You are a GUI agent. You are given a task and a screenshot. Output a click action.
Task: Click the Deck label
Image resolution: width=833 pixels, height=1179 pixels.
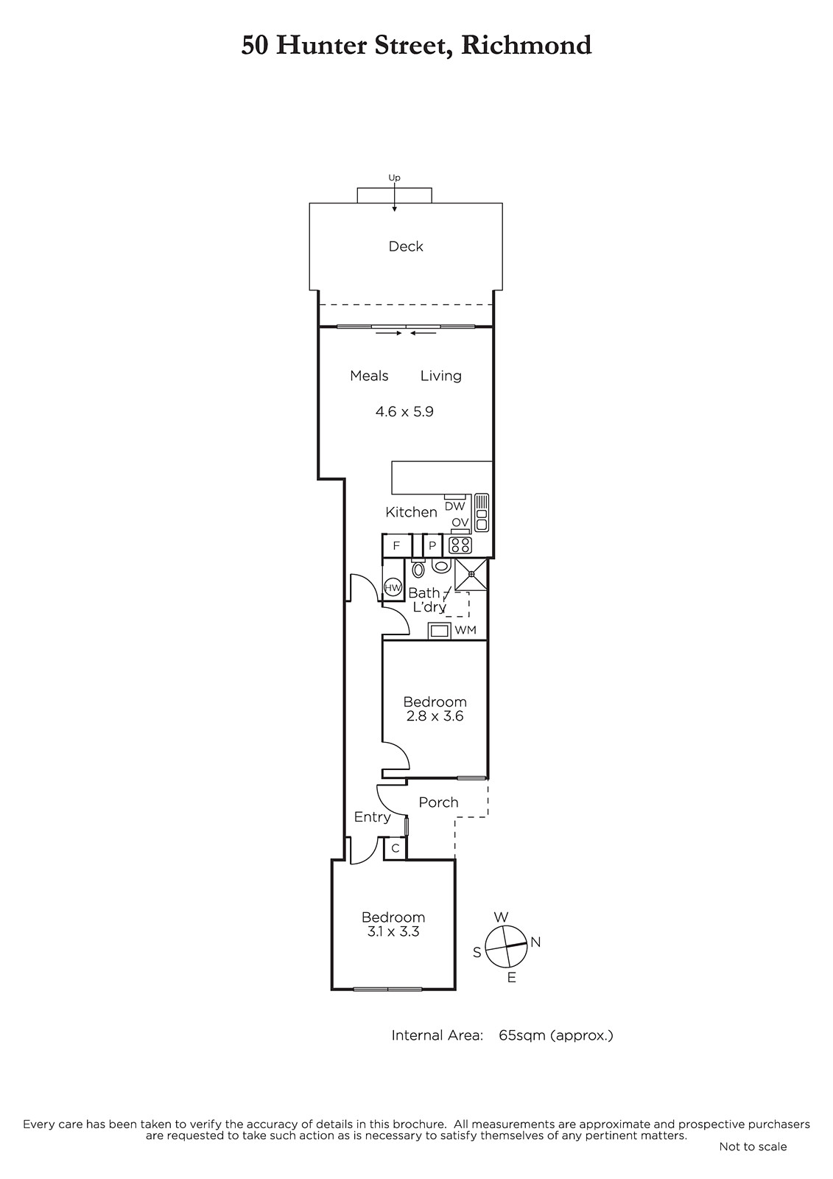click(406, 246)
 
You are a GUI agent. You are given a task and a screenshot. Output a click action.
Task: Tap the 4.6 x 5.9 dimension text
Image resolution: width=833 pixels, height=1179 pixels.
click(404, 412)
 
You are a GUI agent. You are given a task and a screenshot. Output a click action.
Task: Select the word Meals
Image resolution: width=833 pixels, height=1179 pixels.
click(369, 376)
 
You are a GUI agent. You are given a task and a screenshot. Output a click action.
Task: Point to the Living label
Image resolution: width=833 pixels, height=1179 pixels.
click(441, 377)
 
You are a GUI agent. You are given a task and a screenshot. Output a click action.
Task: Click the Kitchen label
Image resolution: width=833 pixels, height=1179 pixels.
click(411, 512)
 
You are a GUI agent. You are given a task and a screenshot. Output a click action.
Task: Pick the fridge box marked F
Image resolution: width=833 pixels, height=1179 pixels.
click(397, 546)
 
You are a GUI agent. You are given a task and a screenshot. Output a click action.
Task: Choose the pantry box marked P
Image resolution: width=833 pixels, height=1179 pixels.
click(432, 546)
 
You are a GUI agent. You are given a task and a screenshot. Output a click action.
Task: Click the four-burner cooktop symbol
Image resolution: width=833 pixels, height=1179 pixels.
click(460, 545)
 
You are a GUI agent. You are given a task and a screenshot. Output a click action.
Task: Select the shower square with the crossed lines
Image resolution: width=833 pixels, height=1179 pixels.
click(471, 575)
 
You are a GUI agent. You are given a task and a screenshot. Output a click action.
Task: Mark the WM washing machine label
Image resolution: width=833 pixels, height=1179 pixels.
click(465, 630)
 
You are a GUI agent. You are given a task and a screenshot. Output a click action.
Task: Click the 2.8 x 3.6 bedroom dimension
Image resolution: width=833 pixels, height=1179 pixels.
click(435, 716)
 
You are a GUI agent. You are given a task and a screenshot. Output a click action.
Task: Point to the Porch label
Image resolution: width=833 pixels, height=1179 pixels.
click(438, 802)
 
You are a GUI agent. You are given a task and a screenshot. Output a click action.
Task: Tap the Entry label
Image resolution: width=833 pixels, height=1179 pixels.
click(372, 817)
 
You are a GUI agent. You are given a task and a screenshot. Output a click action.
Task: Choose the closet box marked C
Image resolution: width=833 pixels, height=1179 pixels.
click(396, 848)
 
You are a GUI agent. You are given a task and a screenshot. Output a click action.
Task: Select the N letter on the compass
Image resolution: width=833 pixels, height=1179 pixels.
click(535, 942)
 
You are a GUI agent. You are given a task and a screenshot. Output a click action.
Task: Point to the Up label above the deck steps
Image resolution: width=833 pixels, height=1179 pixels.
click(394, 178)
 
